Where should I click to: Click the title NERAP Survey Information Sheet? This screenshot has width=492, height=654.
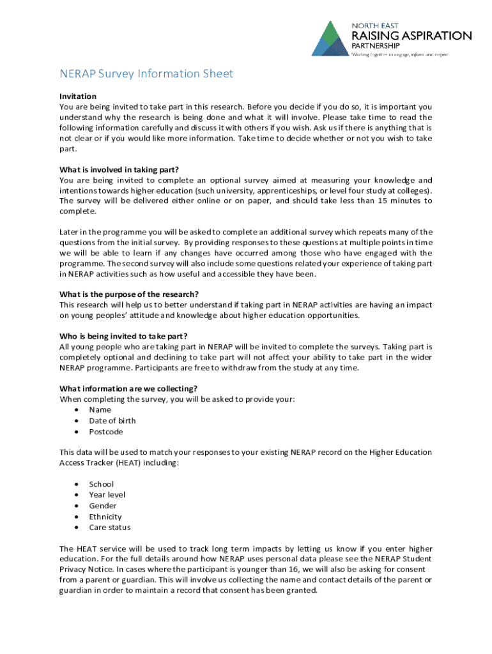(x=146, y=74)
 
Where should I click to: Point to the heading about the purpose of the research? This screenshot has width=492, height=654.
(x=129, y=294)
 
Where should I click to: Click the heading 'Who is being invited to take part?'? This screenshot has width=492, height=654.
(x=123, y=337)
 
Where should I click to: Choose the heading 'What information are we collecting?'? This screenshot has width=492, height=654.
(x=128, y=388)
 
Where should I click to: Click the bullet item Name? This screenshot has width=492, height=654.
(x=100, y=410)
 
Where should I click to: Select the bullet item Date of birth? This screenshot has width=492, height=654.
(x=112, y=421)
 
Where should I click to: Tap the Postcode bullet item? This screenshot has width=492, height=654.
(x=106, y=432)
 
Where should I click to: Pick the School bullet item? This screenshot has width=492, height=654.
(x=102, y=484)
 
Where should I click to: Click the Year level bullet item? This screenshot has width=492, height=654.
(x=107, y=495)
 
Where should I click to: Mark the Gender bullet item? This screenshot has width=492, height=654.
(x=103, y=506)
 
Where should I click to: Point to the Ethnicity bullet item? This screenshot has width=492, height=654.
(x=105, y=517)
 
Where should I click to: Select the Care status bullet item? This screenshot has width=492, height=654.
(x=110, y=528)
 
